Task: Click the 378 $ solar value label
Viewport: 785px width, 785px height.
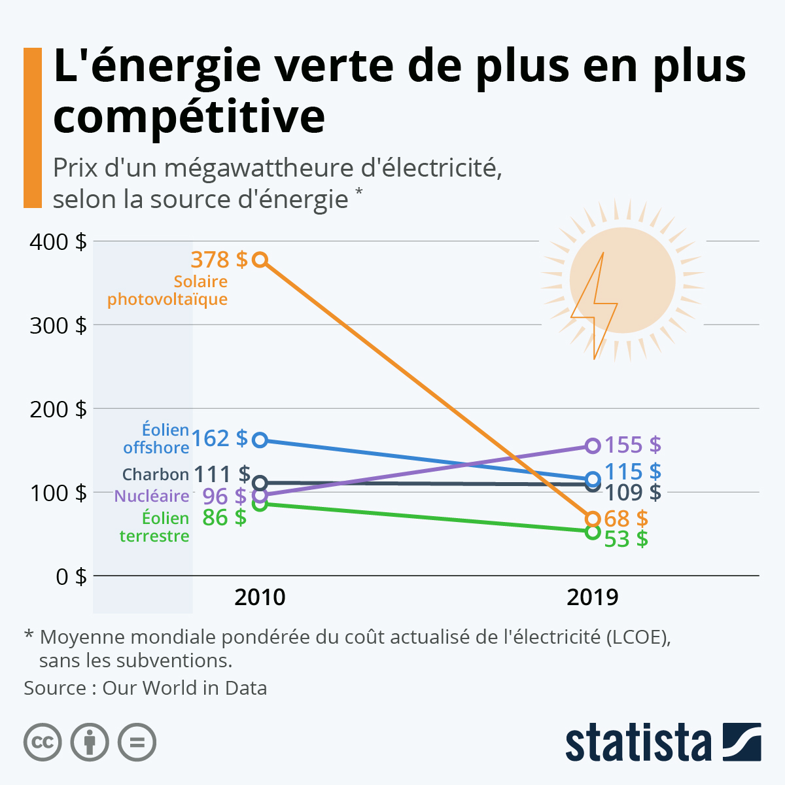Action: (219, 260)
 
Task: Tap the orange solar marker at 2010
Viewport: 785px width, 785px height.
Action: (260, 260)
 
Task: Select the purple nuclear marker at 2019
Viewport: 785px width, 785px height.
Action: (592, 446)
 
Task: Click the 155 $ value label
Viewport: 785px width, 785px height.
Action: (633, 445)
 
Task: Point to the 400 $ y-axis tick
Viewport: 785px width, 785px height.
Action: (58, 241)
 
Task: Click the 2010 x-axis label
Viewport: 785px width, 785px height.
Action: (260, 597)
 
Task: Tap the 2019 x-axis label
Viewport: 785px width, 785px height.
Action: (592, 597)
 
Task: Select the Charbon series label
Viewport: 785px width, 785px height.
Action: (156, 474)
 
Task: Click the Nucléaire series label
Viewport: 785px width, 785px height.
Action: (152, 496)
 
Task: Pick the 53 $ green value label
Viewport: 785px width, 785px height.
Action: (626, 539)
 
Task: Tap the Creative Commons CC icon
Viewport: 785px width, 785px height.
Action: (43, 742)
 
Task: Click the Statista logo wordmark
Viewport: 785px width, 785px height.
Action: (638, 743)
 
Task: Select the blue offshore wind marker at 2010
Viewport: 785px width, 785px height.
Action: (260, 440)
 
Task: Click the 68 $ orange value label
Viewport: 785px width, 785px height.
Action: (626, 519)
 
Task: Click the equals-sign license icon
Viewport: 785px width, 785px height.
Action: (137, 742)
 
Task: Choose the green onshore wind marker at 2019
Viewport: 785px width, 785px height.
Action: (592, 532)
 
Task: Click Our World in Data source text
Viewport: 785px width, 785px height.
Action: (184, 688)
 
